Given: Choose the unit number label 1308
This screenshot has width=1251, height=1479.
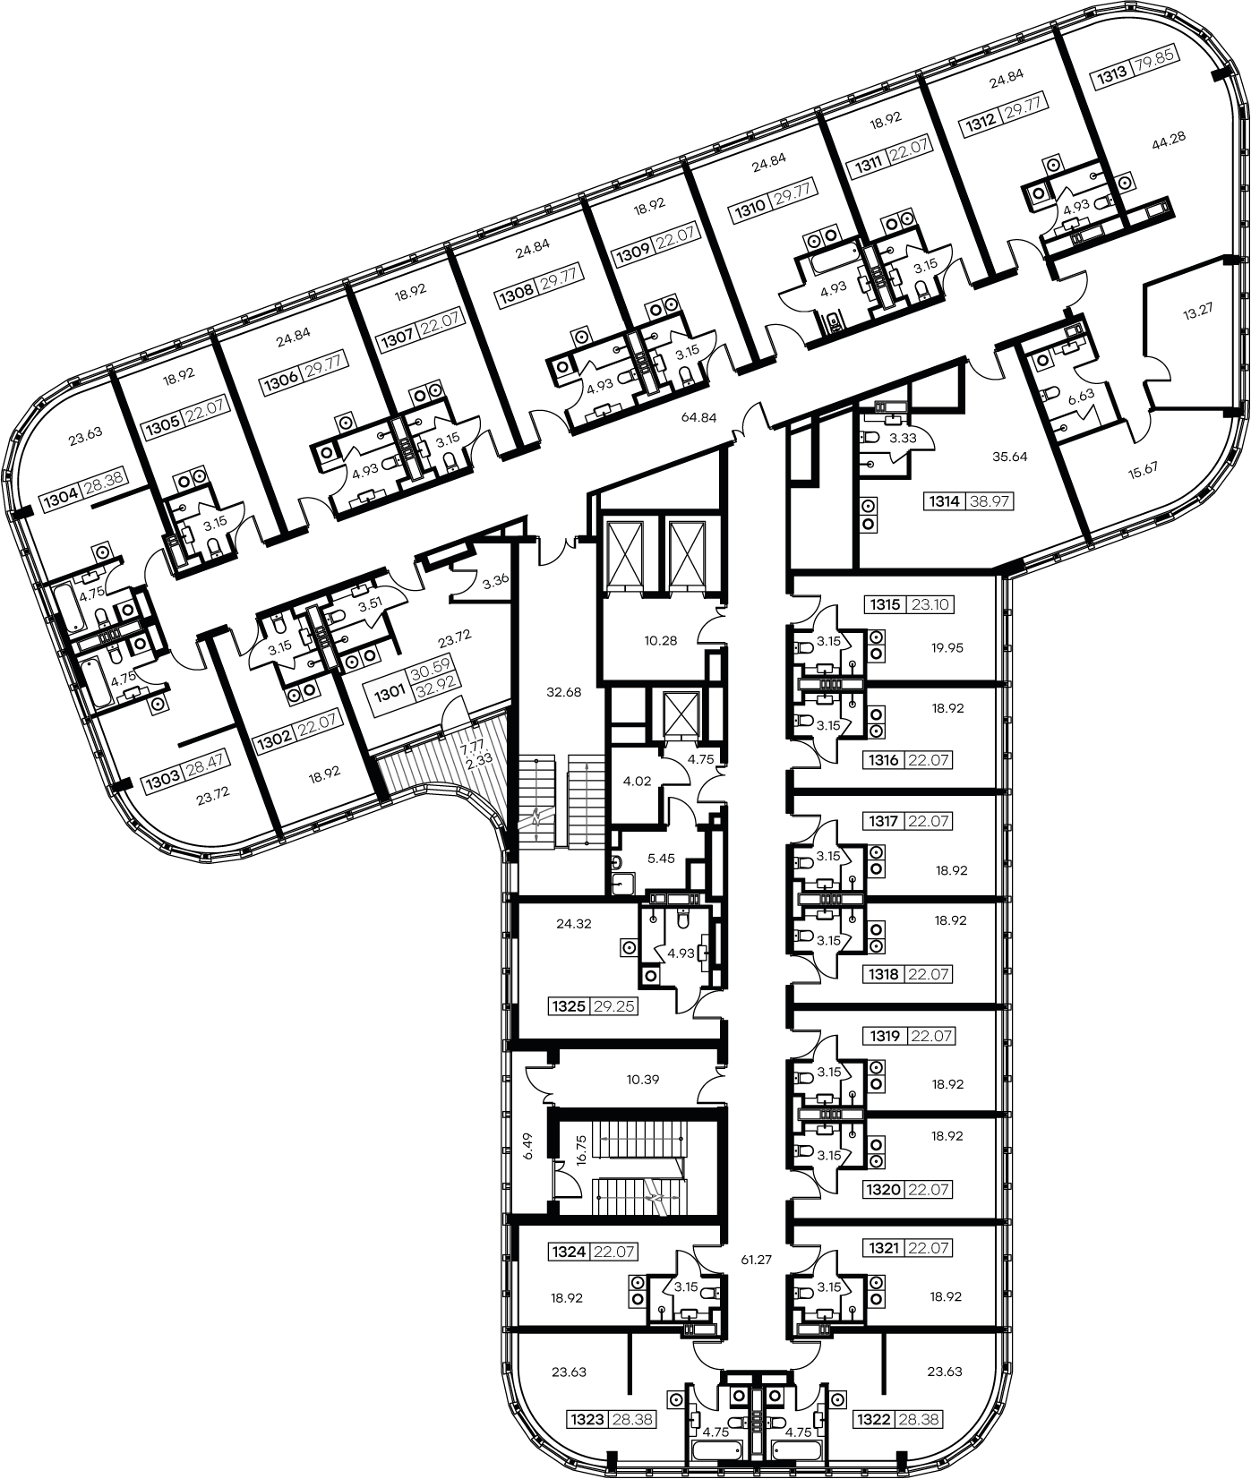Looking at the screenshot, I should point(518,289).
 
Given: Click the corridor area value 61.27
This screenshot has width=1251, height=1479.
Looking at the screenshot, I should point(757,1259).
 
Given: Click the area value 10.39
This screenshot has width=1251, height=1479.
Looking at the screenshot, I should point(643,1080).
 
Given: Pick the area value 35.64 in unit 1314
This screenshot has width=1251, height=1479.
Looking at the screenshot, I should point(1009,455).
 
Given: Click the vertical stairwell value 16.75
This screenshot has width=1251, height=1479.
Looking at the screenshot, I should point(581,1147).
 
